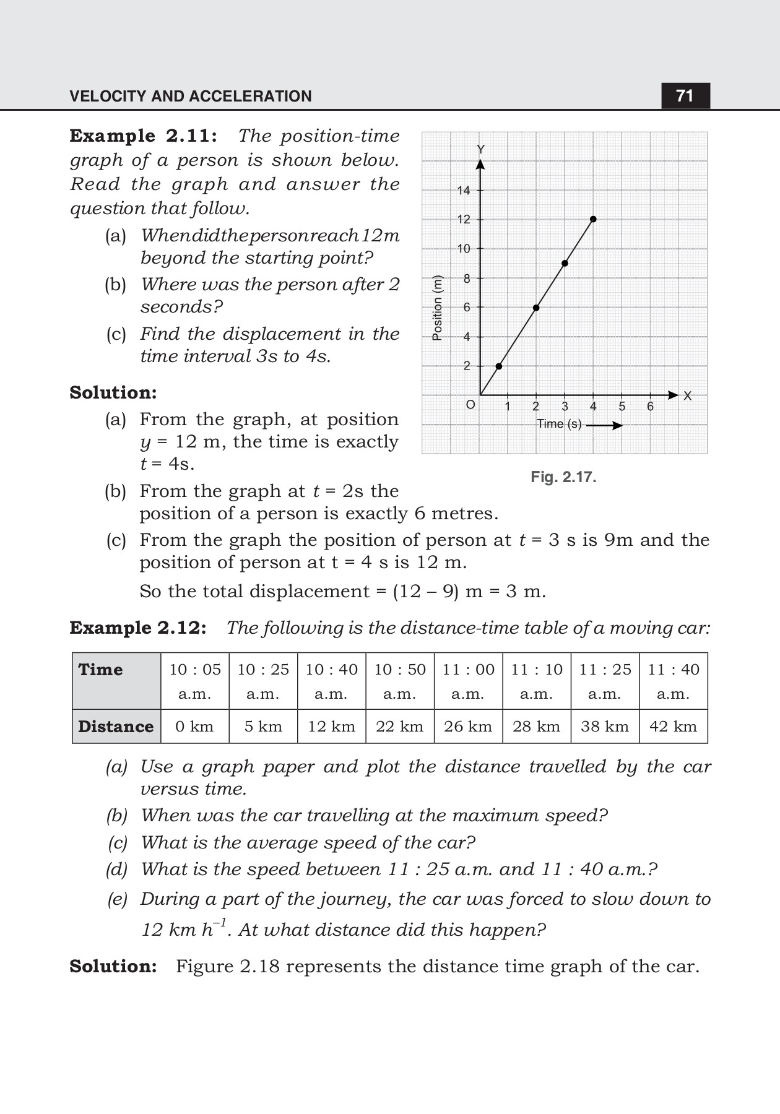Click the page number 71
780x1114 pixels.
pyautogui.click(x=685, y=96)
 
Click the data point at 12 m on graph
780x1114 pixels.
pyautogui.click(x=593, y=219)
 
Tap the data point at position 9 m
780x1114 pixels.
pyautogui.click(x=565, y=264)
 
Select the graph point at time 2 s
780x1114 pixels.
pyautogui.click(x=536, y=308)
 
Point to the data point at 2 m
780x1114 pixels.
pyautogui.click(x=499, y=366)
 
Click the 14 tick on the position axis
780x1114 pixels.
pyautogui.click(x=464, y=191)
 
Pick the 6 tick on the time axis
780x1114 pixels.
pyautogui.click(x=650, y=407)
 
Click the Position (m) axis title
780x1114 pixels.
pyautogui.click(x=438, y=307)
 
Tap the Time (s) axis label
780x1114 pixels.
pyautogui.click(x=559, y=424)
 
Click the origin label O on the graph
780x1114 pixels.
pyautogui.click(x=470, y=405)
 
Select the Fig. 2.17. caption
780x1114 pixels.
pyautogui.click(x=563, y=477)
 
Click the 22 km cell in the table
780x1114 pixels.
pyautogui.click(x=399, y=727)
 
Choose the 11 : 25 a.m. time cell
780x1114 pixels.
pyautogui.click(x=605, y=681)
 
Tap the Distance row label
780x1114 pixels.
pyautogui.click(x=116, y=727)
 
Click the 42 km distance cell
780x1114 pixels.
pyautogui.click(x=673, y=727)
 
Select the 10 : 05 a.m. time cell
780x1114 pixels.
pyautogui.click(x=195, y=681)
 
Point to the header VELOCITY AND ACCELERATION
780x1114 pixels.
pyautogui.click(x=191, y=97)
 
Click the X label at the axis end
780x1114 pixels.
pyautogui.click(x=687, y=396)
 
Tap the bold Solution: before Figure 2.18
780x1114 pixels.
pyautogui.click(x=113, y=967)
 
